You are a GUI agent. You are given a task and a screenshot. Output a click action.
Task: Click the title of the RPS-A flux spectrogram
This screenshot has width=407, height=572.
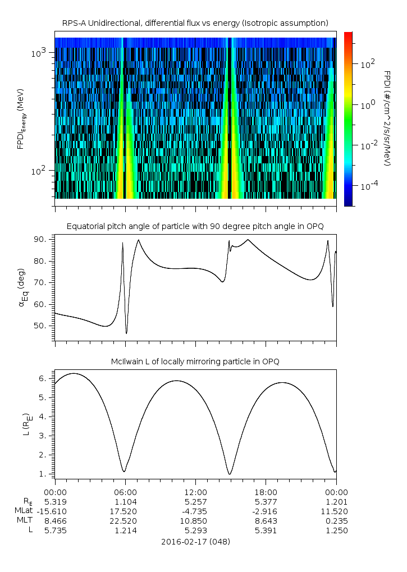click(195, 23)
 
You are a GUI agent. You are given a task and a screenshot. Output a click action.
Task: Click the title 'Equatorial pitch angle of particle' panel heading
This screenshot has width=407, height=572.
click(195, 226)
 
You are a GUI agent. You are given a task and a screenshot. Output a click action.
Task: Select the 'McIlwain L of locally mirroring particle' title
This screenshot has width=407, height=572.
click(195, 361)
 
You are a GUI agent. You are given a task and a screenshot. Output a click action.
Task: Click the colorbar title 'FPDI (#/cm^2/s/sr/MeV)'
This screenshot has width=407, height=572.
click(387, 118)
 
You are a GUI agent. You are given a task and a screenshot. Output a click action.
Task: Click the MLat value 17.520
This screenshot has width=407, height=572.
click(125, 511)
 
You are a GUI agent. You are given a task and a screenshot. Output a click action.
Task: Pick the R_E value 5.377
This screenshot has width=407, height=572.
click(265, 502)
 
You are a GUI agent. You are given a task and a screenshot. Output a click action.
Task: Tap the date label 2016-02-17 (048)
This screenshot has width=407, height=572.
click(195, 542)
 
